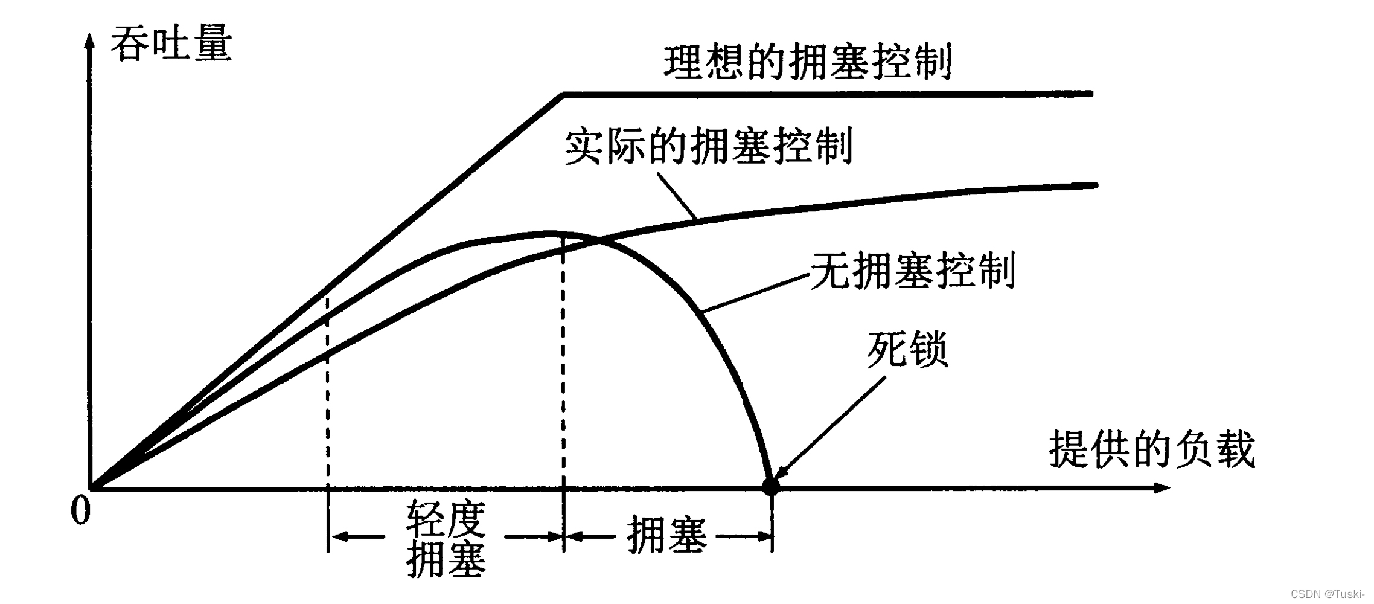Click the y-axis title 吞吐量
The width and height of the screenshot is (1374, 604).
pyautogui.click(x=171, y=44)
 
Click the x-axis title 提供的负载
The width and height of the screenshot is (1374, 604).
pyautogui.click(x=1152, y=449)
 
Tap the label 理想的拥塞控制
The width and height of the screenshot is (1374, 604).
pyautogui.click(x=808, y=62)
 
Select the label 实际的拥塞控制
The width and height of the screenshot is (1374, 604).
pyautogui.click(x=709, y=146)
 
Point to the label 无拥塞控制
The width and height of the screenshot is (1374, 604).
pyautogui.click(x=912, y=271)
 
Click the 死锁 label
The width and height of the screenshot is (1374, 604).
pyautogui.click(x=907, y=349)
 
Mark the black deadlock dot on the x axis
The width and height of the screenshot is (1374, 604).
pyautogui.click(x=770, y=486)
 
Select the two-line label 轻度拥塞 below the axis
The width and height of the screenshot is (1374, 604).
pyautogui.click(x=446, y=538)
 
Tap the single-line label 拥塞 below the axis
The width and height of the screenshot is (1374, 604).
pyautogui.click(x=666, y=535)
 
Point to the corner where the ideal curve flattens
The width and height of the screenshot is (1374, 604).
pyautogui.click(x=563, y=95)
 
